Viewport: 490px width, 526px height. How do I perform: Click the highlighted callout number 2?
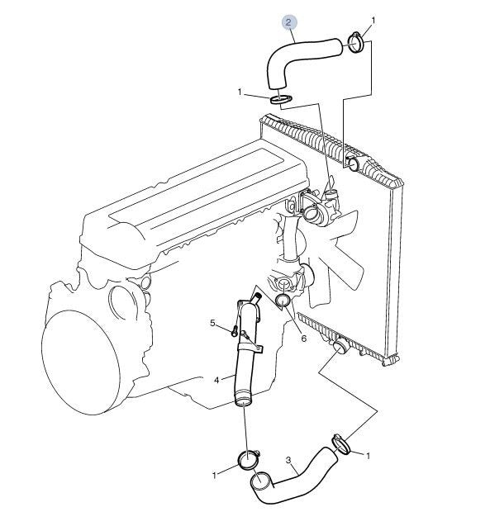(x=288, y=23)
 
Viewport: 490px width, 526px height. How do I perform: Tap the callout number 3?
(x=288, y=460)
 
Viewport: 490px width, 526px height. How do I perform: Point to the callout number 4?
(x=216, y=380)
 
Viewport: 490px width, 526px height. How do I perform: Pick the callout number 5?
(x=212, y=323)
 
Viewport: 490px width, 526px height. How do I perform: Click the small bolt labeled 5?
(x=235, y=332)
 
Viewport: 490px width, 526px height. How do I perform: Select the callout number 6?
(x=304, y=339)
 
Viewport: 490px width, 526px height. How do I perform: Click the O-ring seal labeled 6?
(x=283, y=301)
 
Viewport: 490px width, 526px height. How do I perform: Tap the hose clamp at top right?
(x=356, y=43)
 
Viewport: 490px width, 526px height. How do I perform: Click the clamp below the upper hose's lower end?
(x=281, y=99)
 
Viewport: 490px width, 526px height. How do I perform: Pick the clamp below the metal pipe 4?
(x=248, y=460)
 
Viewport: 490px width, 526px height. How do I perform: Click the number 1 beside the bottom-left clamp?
(x=215, y=476)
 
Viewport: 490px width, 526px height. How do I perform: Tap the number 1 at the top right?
(x=373, y=21)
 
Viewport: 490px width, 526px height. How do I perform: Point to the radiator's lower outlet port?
(x=340, y=347)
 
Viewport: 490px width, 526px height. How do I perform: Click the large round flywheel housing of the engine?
(x=80, y=363)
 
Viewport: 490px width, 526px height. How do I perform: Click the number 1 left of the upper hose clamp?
(x=240, y=92)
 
